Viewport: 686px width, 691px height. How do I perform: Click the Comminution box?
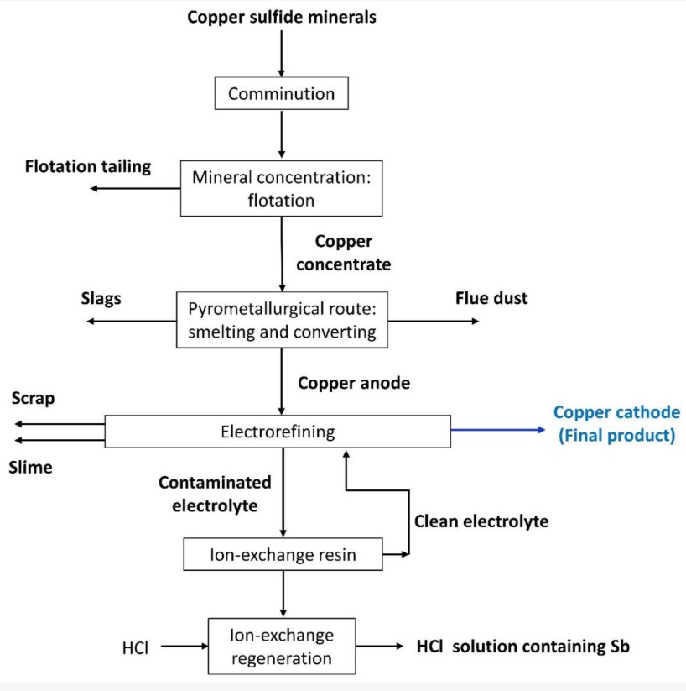coord(281,93)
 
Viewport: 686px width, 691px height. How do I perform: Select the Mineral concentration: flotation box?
coord(281,189)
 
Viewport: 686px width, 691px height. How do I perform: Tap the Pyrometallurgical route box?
coord(281,320)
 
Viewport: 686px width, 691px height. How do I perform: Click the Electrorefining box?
coord(278,432)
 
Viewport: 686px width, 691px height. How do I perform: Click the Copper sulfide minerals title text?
coord(281,18)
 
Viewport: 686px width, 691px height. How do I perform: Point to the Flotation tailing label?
coord(87,166)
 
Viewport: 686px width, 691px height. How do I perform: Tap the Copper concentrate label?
coord(352,253)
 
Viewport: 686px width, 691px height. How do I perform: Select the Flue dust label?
coord(491,298)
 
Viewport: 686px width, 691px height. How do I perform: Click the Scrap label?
coord(34,398)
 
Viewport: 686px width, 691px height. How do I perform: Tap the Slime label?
coord(32,468)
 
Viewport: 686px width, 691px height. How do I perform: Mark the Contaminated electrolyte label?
coord(215,494)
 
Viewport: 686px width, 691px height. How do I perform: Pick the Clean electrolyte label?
coord(481,521)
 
